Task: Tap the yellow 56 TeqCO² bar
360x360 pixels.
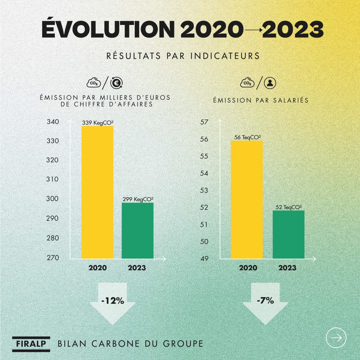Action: coord(247,199)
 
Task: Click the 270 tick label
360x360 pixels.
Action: coord(53,258)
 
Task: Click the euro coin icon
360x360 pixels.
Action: coord(116,83)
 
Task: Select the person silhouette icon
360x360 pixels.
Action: coord(270,83)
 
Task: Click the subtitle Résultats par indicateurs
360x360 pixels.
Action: coord(180,56)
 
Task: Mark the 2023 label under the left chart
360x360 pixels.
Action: coord(137,268)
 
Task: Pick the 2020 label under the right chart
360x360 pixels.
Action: coord(248,268)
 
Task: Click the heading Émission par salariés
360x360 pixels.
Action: coord(261,100)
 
